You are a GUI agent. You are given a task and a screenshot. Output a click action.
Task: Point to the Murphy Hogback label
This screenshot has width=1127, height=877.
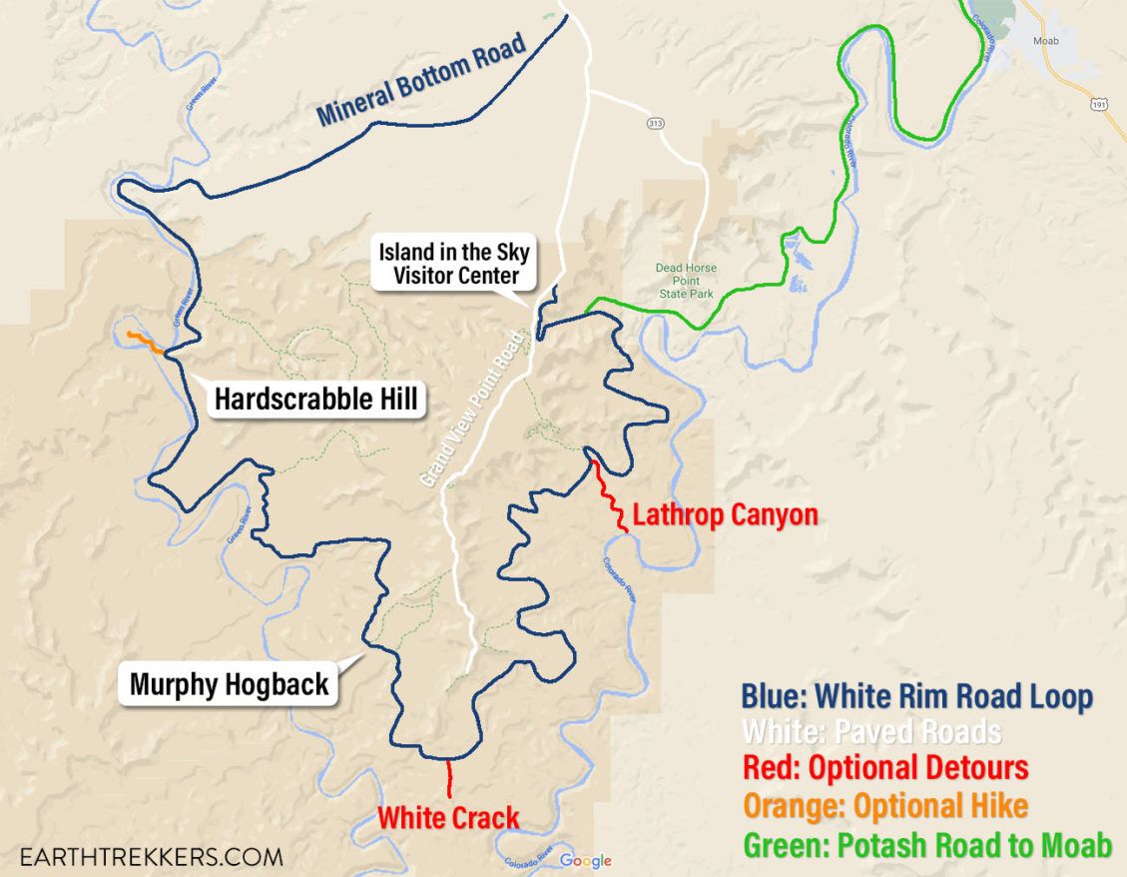(229, 684)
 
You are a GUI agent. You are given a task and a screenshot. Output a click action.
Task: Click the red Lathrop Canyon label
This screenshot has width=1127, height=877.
(725, 515)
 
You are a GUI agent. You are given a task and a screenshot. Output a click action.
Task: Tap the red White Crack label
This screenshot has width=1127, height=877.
(448, 817)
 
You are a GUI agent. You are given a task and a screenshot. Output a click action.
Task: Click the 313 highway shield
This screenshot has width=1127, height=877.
(655, 123)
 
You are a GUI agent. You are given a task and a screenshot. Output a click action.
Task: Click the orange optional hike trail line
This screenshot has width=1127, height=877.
(146, 342)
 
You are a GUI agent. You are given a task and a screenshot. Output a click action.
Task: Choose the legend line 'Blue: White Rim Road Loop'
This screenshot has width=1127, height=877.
(916, 697)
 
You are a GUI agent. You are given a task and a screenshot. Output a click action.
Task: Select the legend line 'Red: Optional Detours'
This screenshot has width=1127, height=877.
(885, 768)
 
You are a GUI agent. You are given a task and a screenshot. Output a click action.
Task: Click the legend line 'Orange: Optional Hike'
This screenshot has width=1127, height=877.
(885, 805)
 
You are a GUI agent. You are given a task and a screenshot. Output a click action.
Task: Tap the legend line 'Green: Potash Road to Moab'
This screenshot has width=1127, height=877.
(927, 845)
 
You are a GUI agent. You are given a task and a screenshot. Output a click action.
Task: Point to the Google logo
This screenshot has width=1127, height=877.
(585, 861)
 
